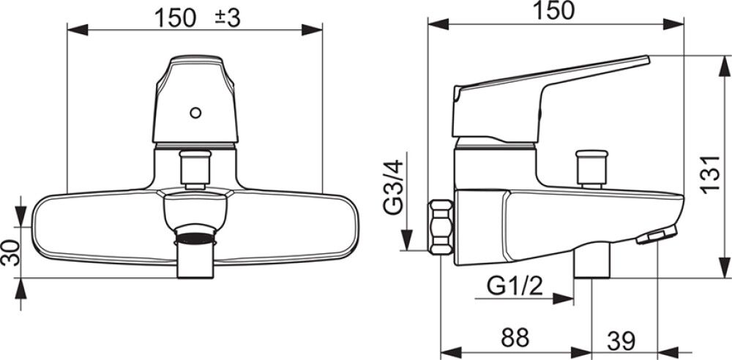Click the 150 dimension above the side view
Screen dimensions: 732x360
(555, 10)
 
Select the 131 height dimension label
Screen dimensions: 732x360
(710, 173)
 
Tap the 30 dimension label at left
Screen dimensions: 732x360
(10, 252)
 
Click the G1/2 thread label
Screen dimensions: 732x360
(515, 285)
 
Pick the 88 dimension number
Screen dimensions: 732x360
(515, 337)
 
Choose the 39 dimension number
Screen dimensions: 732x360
(621, 342)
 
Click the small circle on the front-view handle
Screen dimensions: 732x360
(195, 113)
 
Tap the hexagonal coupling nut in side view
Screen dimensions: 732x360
(441, 227)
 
